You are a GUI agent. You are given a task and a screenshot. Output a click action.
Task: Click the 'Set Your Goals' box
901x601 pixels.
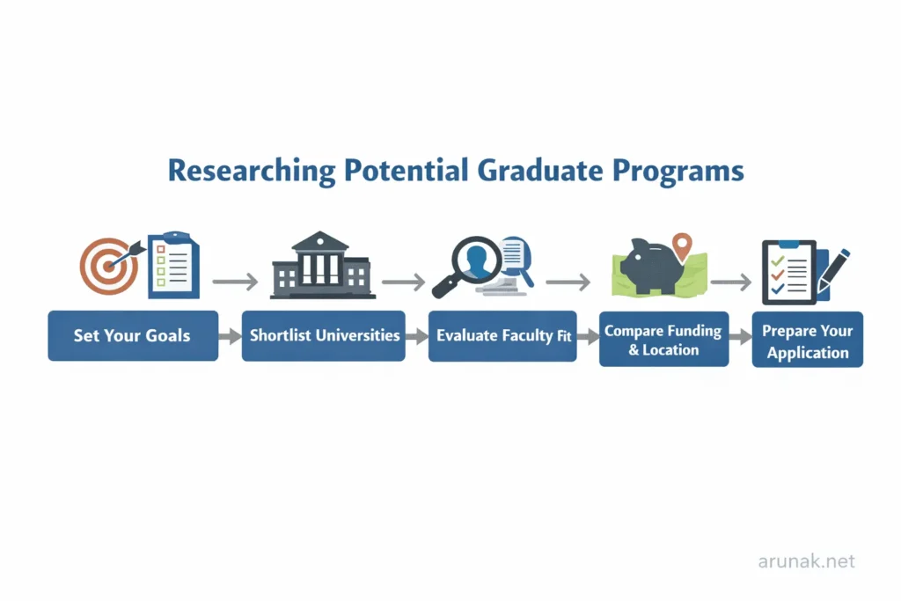click(132, 335)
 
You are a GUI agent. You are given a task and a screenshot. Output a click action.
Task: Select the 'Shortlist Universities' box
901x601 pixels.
click(324, 335)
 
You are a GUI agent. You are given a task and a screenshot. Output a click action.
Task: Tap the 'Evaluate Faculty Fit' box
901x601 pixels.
click(502, 335)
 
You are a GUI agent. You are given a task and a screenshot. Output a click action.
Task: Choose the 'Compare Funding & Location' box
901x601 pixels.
click(663, 340)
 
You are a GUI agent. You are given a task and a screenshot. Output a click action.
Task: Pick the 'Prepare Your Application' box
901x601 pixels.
click(807, 341)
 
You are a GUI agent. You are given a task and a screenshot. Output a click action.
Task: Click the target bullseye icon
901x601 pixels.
click(109, 265)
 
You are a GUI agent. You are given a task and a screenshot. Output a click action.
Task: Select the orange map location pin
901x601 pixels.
click(682, 244)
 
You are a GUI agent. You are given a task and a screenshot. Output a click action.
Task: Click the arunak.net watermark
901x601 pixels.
click(806, 561)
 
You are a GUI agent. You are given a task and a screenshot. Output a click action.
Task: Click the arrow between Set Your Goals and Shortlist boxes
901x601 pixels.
click(230, 336)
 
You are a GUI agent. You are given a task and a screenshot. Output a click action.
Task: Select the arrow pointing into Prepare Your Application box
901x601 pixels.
click(741, 336)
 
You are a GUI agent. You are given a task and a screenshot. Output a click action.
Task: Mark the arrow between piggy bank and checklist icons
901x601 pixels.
click(730, 282)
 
